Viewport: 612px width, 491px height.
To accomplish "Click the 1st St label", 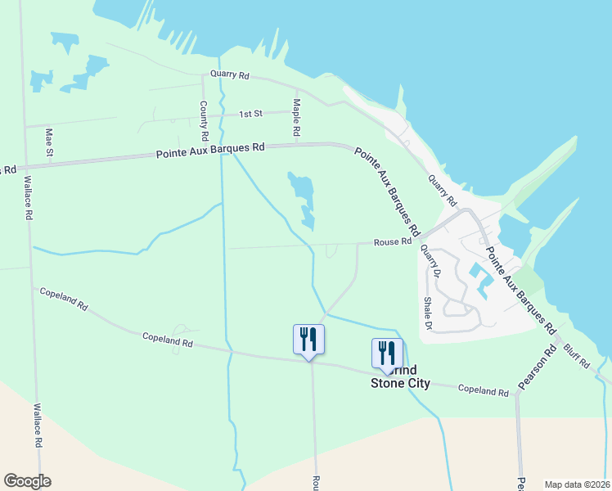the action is [250, 115].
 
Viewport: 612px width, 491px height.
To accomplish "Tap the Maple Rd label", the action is [297, 119].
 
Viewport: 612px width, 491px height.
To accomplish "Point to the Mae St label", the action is [49, 142].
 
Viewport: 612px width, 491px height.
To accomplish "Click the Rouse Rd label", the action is [393, 241].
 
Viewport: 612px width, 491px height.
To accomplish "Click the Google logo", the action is [27, 481].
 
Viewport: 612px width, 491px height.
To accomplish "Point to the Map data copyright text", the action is [576, 484].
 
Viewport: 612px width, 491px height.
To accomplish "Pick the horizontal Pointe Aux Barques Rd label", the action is [211, 150].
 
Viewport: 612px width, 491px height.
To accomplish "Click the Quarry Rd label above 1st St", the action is [229, 74].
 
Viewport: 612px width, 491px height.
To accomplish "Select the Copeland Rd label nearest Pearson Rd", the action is [483, 390].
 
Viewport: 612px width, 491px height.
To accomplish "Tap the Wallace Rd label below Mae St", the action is [28, 198].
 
